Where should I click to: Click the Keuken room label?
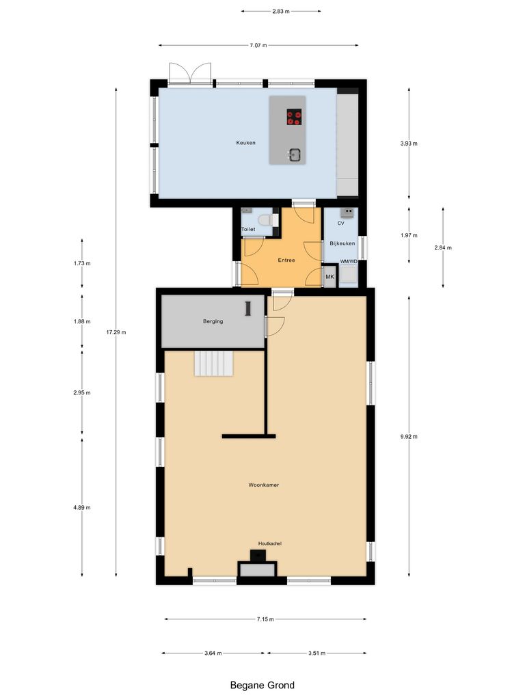coord(245,143)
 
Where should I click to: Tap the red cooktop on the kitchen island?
coord(294,118)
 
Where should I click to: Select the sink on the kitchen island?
coord(295,154)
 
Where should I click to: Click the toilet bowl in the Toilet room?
coord(272,220)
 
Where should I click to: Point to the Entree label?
coord(286,260)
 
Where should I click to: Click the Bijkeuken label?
coord(342,243)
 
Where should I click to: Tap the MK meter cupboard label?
coord(329,277)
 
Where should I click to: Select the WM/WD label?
coord(349,261)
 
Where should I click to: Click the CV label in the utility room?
coord(340,224)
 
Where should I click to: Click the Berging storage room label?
coord(213,321)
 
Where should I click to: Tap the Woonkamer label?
coord(264,485)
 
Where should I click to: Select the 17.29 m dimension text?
coord(116,332)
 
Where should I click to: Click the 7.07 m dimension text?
coord(258,45)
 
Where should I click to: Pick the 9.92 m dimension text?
coord(409,436)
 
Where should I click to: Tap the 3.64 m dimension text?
coord(213,653)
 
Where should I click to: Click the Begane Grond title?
coord(262,684)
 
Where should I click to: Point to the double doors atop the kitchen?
coord(190,72)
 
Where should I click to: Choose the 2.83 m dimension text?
coord(281,12)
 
